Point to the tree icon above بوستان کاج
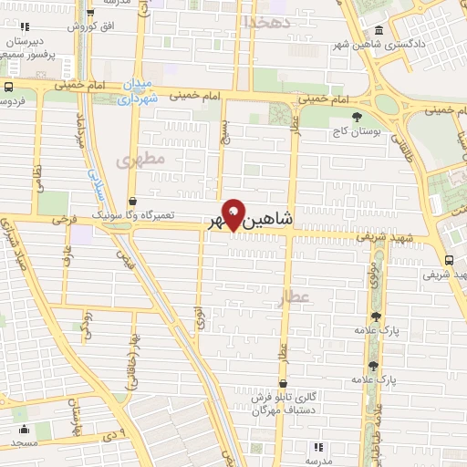click(x=357, y=117)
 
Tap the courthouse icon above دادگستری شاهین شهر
click(x=379, y=30)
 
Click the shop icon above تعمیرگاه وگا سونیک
click(x=133, y=201)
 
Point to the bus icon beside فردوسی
click(x=7, y=87)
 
